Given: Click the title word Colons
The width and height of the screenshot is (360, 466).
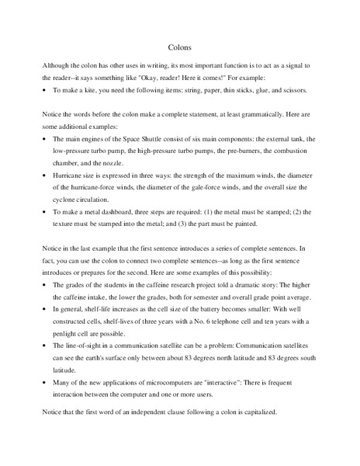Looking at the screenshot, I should click(180, 47).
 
